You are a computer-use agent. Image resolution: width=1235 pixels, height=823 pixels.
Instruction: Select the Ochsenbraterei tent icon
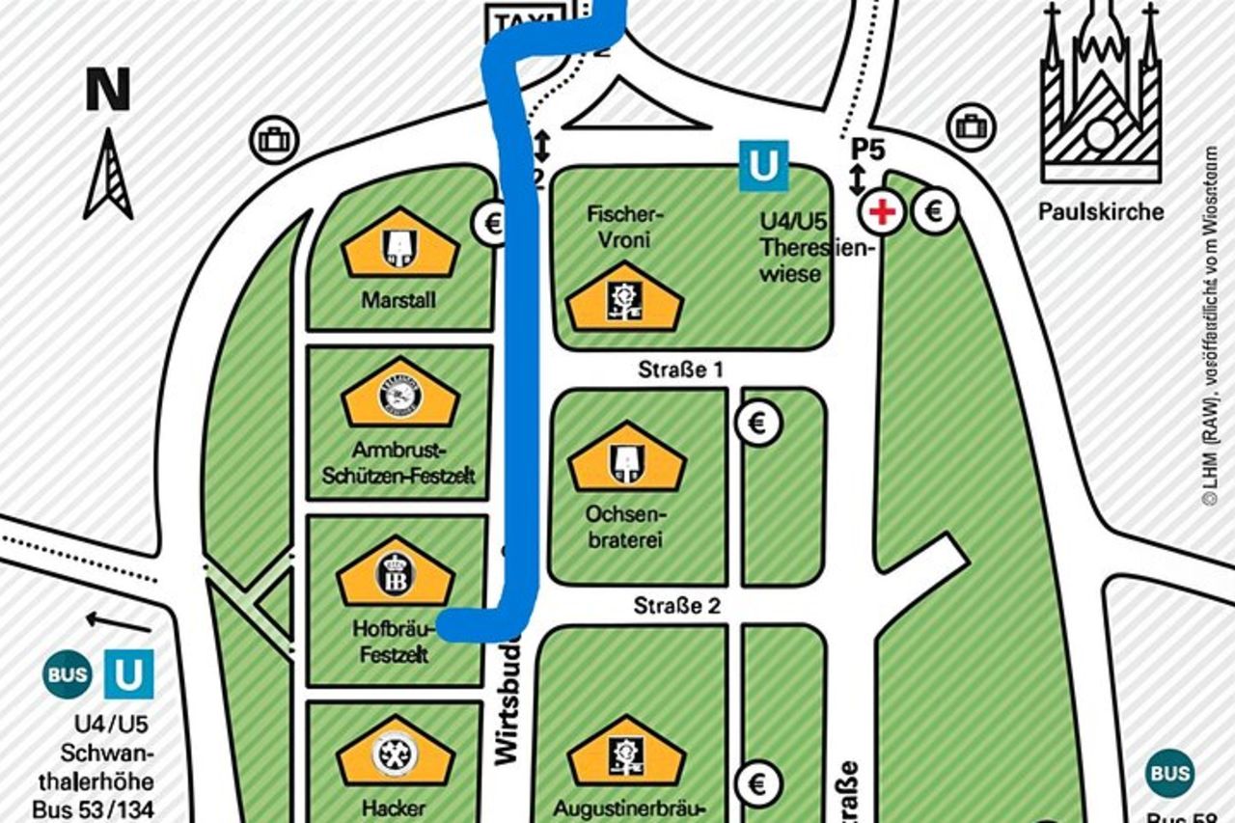[626, 460]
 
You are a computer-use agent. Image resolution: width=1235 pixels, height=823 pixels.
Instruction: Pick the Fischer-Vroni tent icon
[623, 298]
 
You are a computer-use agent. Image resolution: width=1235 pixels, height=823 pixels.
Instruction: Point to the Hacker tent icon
[395, 754]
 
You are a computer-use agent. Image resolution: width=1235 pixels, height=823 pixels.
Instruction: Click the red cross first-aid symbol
[882, 212]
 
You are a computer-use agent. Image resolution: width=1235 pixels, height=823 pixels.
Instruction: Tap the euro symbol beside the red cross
[934, 210]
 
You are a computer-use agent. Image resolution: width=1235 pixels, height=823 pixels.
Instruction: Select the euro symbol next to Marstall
[492, 224]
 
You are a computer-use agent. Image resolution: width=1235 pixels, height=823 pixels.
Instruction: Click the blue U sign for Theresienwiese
[763, 166]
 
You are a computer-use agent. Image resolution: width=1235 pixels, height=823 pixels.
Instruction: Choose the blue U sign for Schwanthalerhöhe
[128, 673]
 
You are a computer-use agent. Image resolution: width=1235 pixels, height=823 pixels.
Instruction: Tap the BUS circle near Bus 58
[1169, 773]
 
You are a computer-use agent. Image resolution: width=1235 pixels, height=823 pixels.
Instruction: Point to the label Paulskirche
[1101, 211]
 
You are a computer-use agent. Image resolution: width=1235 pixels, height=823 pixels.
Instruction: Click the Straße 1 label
[680, 369]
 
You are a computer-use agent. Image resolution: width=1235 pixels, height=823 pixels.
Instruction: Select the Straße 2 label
[677, 606]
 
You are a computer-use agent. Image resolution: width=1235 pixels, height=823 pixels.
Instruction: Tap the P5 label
[868, 151]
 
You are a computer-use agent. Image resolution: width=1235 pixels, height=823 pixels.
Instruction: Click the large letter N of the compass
[108, 91]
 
